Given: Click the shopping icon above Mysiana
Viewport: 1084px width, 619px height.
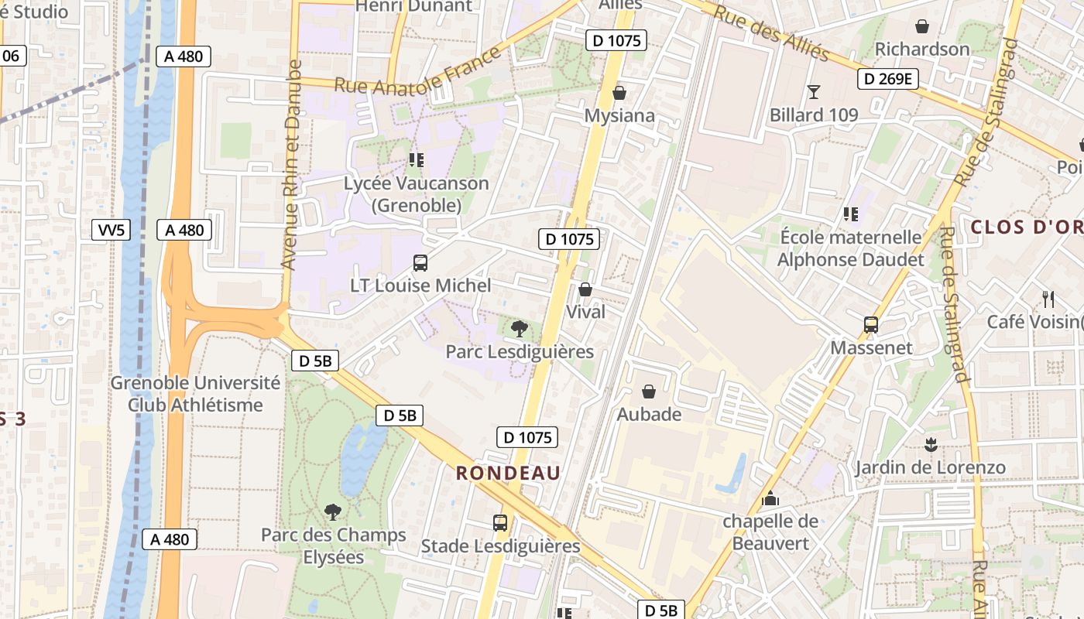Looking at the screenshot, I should tap(619, 94).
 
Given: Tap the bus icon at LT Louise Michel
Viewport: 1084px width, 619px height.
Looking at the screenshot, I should tap(420, 263).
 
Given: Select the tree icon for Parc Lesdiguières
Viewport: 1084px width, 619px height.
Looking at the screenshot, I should tap(520, 329).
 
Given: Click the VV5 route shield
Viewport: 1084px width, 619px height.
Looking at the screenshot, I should tap(111, 230).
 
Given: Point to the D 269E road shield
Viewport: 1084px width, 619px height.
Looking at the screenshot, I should tap(887, 79).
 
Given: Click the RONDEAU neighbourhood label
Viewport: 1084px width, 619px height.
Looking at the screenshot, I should tap(508, 473).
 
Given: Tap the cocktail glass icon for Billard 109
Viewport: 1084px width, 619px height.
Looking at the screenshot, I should tap(813, 92).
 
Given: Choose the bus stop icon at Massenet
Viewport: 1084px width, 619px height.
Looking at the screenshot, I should tap(871, 325).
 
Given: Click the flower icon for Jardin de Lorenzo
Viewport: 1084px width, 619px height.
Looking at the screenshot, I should tap(930, 445).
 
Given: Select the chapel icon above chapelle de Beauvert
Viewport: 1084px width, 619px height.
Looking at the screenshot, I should tap(770, 498).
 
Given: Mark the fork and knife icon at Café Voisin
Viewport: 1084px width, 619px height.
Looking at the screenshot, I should tap(1048, 299).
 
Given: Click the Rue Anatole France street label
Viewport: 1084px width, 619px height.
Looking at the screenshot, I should tap(417, 72).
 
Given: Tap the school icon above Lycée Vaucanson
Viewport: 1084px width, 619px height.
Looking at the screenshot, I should tap(417, 160).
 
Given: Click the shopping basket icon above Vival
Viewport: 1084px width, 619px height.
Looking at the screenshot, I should tap(585, 289).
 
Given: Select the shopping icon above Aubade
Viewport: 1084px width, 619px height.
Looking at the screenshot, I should tap(649, 392).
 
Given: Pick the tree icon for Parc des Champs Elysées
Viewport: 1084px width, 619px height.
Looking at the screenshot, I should tap(333, 511).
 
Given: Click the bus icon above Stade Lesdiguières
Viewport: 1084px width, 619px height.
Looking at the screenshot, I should tap(500, 523).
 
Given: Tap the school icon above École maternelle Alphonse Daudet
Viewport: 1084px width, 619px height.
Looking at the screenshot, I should tap(851, 214).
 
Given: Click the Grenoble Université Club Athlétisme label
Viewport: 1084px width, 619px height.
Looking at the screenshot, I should tap(195, 394).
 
